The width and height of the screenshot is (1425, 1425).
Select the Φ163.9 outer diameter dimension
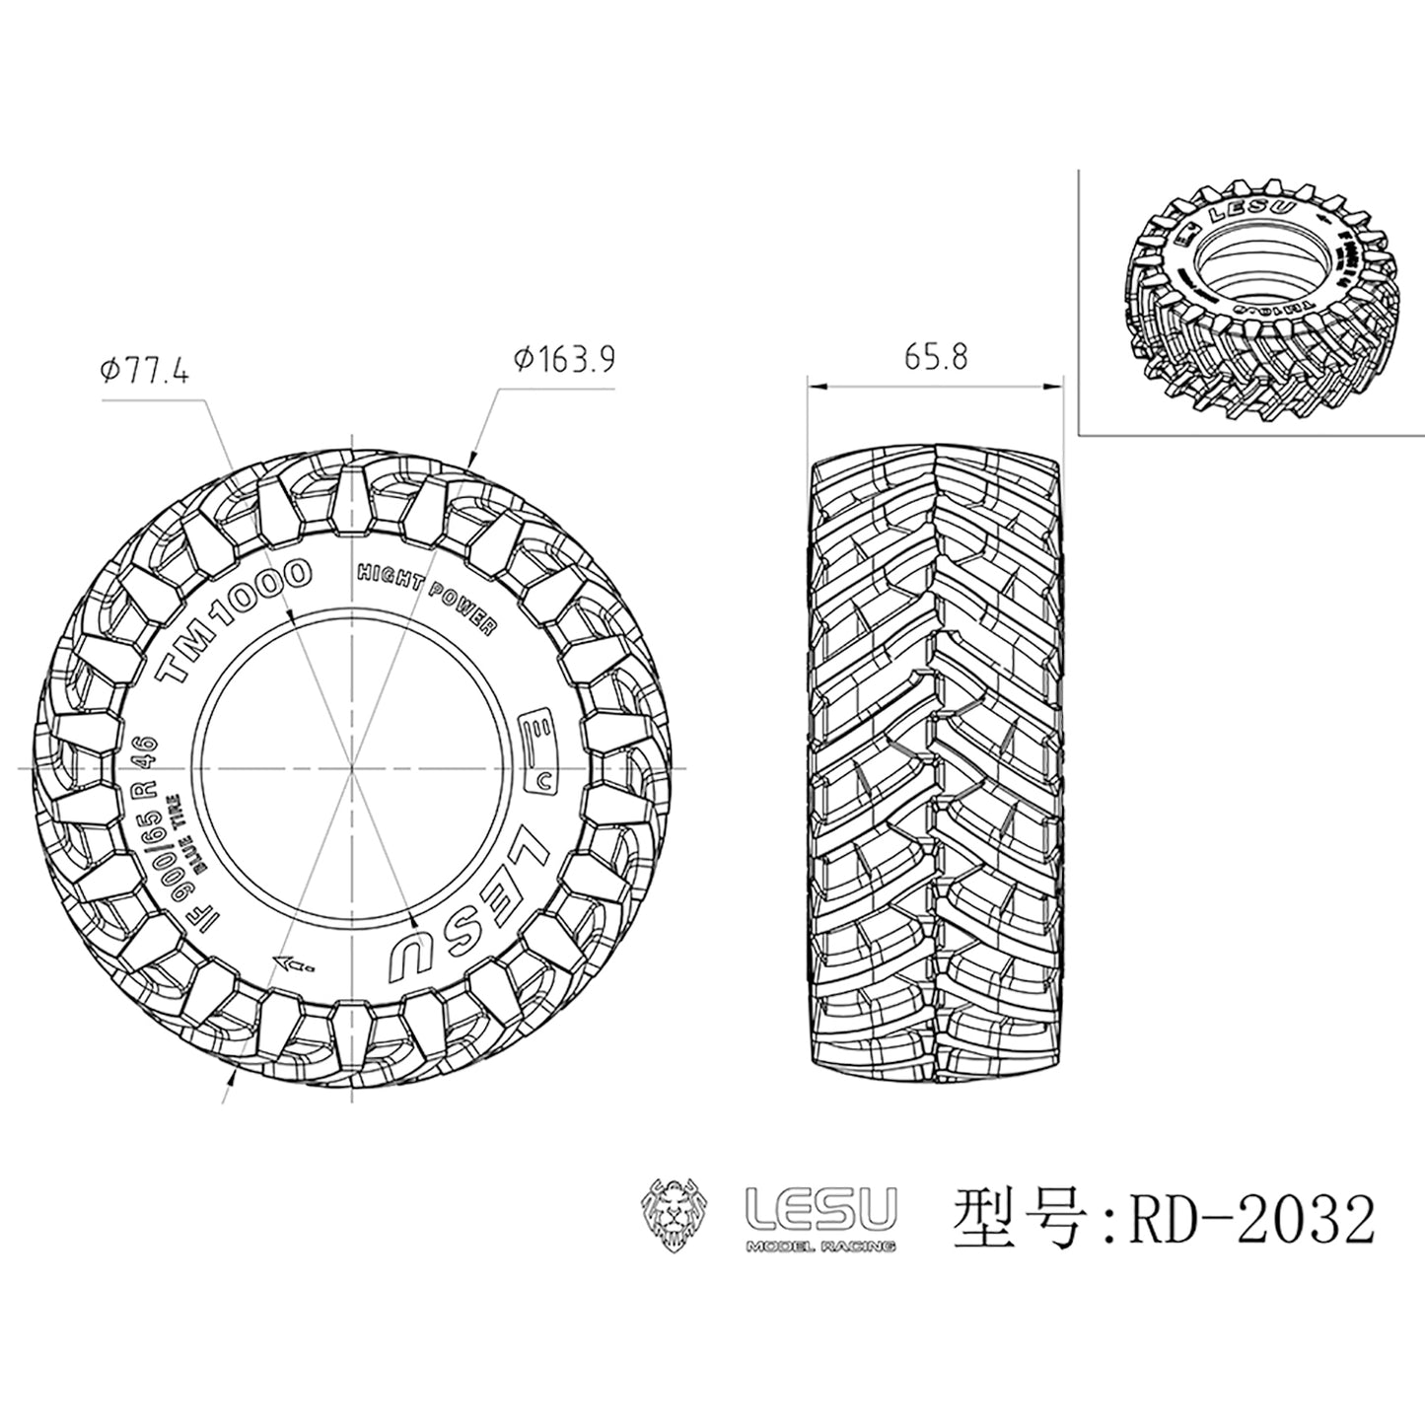564,360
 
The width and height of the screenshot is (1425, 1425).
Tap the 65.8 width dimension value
936,356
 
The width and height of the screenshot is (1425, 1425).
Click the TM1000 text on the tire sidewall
236,618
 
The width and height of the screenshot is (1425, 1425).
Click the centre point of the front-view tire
354,767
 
